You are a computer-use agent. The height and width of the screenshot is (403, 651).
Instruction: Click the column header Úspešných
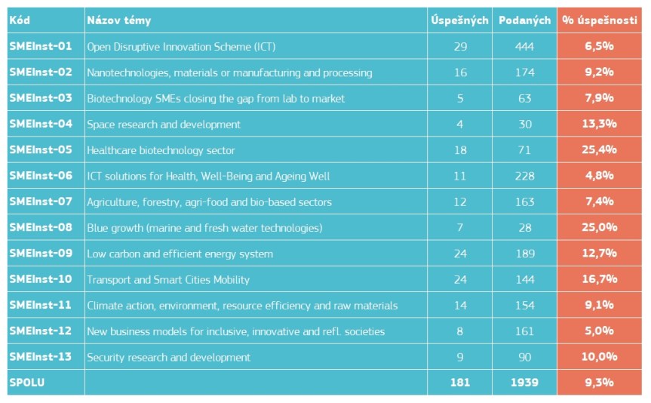pos(459,20)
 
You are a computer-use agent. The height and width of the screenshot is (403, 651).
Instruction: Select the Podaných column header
pos(524,20)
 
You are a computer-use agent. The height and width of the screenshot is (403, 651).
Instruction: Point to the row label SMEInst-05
pos(41,149)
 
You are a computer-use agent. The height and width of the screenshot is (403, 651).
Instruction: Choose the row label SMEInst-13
pos(41,356)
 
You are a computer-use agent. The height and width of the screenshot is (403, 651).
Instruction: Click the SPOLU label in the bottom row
pos(27,383)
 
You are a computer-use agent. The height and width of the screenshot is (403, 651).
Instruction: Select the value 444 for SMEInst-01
pos(524,47)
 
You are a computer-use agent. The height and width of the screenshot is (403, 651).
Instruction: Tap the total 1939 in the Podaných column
pos(524,383)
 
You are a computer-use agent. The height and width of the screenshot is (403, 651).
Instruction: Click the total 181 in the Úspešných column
pos(459,383)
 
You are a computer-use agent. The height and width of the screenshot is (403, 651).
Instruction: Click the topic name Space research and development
pos(164,124)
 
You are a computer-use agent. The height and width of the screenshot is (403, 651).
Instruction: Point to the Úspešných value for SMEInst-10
pos(459,279)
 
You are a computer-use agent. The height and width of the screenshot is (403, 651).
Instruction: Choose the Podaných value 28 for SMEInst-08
pos(524,227)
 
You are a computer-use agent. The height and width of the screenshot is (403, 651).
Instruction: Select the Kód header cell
pos(20,20)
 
